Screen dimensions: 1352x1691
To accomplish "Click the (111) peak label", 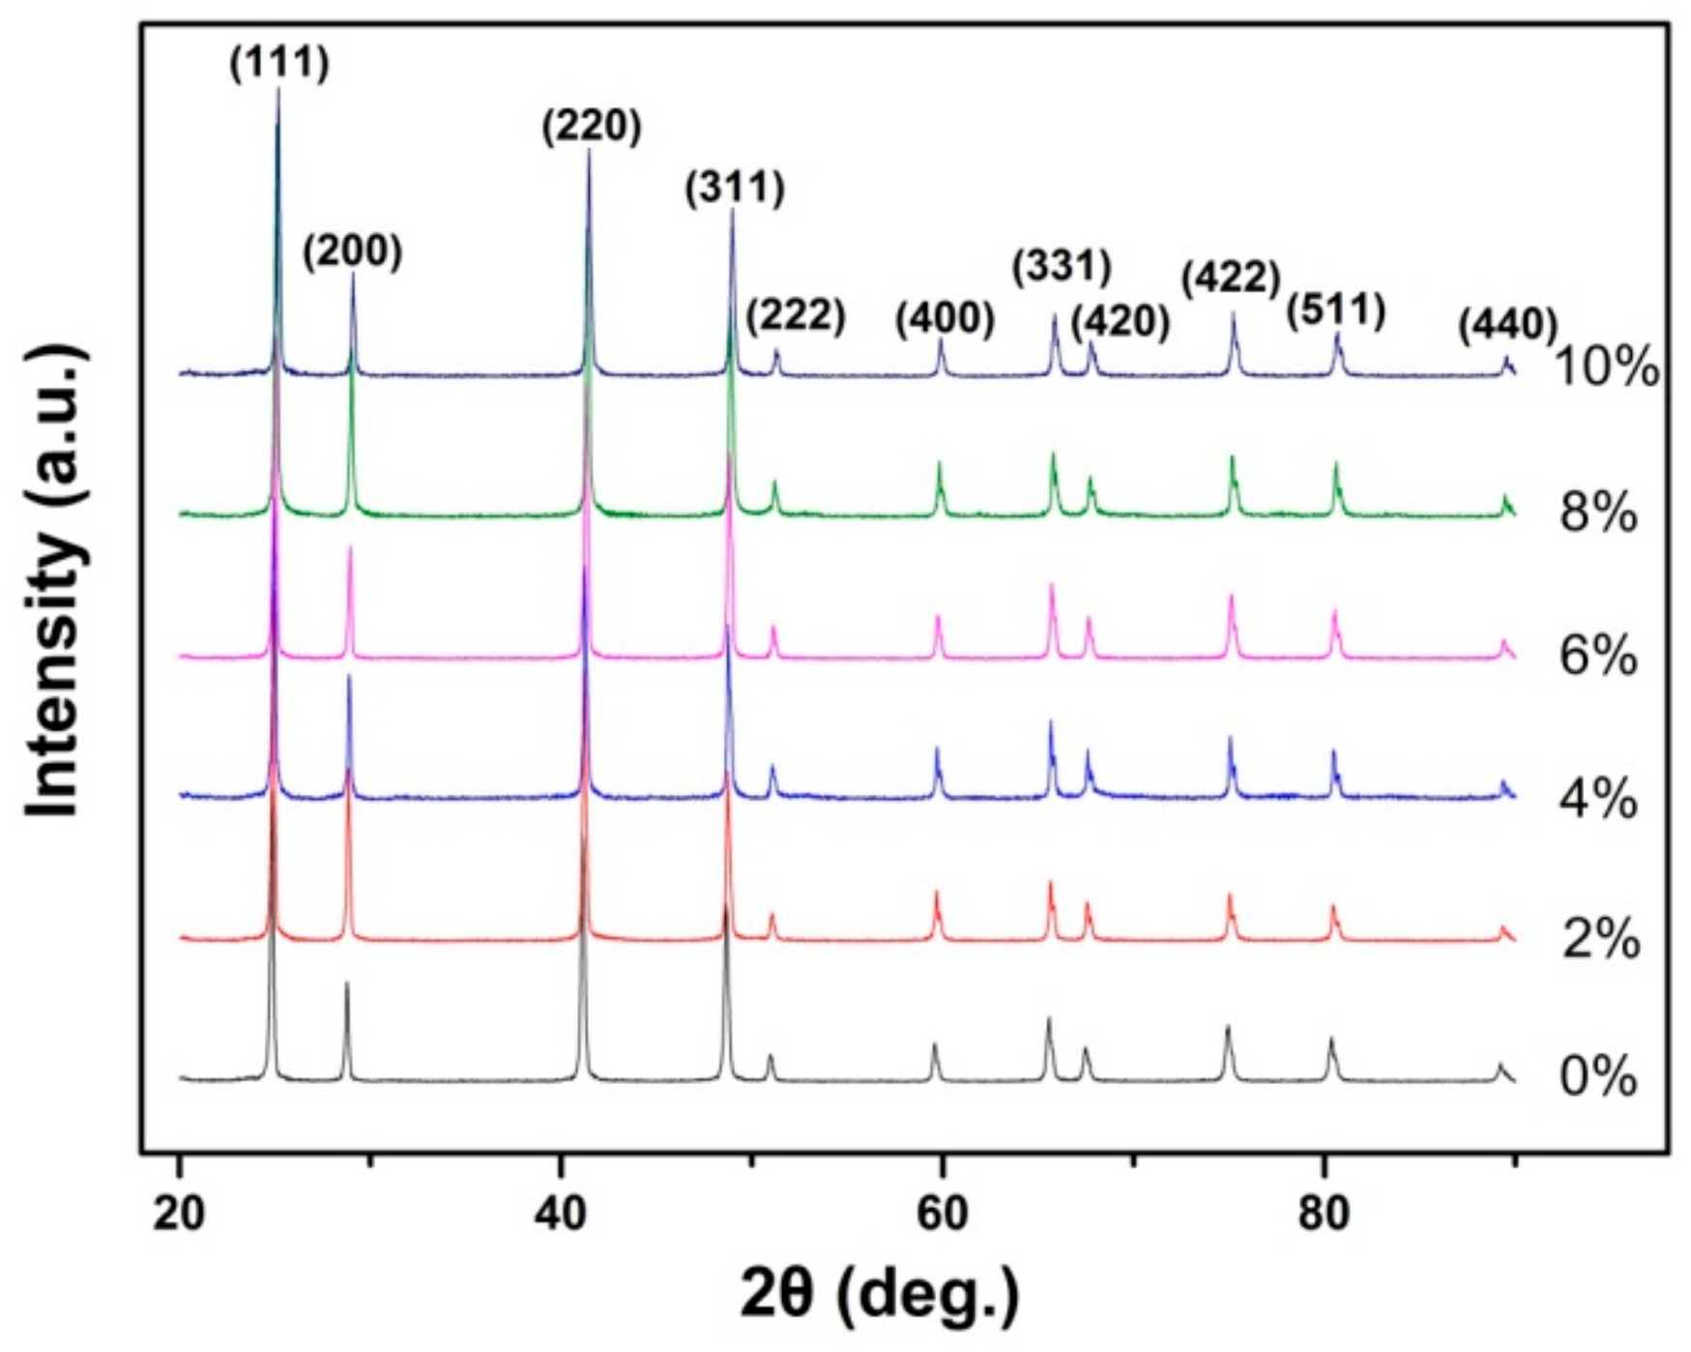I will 280,64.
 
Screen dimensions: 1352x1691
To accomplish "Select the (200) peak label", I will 352,252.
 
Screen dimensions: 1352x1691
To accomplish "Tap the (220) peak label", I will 591,127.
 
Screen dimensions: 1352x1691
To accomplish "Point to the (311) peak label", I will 735,188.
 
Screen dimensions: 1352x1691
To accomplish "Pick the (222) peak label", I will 796,315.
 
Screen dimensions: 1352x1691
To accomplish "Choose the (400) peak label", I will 945,319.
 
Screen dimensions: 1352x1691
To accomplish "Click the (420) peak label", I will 1121,322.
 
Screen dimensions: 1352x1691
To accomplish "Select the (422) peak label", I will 1231,279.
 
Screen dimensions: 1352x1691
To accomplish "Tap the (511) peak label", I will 1336,311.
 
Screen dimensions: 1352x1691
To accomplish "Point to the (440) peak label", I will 1507,324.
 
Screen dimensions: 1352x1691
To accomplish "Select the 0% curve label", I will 1597,1077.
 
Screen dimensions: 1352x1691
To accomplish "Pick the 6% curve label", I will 1597,657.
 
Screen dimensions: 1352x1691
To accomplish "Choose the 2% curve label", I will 1600,939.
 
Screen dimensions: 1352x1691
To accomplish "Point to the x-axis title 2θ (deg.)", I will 880,1296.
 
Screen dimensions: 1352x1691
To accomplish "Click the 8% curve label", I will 1597,514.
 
